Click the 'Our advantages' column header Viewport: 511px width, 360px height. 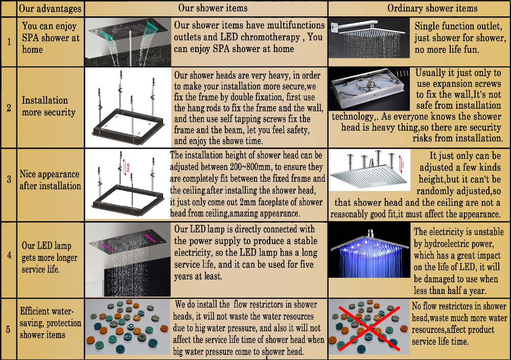[50, 9]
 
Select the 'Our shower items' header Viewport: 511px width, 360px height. [213, 8]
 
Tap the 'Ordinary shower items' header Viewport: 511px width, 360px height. [432, 8]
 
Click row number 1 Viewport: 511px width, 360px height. [9, 42]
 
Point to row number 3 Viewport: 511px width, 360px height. [9, 179]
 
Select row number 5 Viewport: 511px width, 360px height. [8, 329]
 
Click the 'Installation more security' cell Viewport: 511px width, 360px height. [49, 106]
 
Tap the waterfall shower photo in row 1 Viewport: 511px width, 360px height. [128, 42]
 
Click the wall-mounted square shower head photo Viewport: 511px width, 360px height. [369, 38]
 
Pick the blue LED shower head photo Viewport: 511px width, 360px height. [369, 250]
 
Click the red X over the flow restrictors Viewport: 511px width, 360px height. [369, 328]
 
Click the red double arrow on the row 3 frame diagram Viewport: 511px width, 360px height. [124, 167]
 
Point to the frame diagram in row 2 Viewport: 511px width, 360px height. [128, 108]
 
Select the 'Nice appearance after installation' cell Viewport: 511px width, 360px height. [50, 180]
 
